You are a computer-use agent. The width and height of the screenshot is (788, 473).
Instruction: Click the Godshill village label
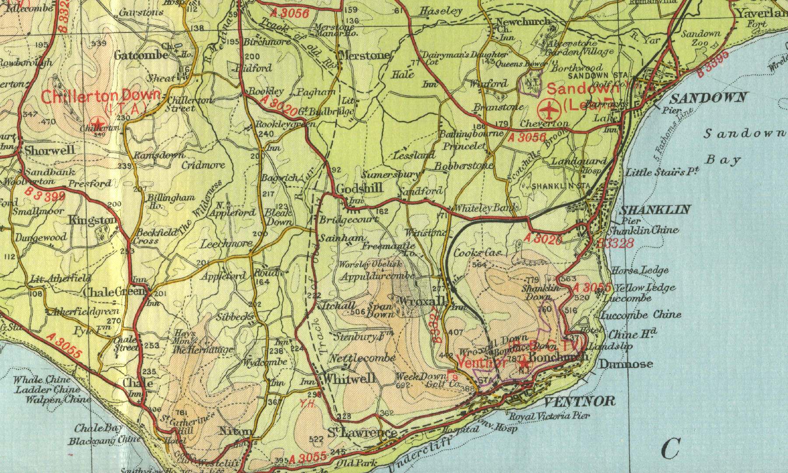click(x=359, y=188)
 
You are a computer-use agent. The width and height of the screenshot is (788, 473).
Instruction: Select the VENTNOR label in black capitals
click(x=580, y=401)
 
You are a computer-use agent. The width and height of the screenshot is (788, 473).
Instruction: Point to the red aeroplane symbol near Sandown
click(x=549, y=109)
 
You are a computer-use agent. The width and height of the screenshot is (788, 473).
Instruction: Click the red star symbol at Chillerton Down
click(x=98, y=123)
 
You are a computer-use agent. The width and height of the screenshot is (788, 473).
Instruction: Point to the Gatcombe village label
click(x=141, y=55)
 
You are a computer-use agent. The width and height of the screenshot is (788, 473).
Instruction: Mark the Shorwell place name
click(x=49, y=150)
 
